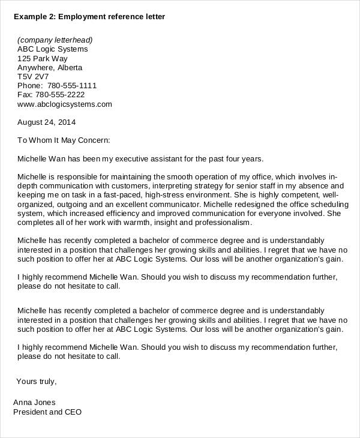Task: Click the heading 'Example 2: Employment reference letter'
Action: pos(89,17)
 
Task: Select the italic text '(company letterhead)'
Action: pos(55,40)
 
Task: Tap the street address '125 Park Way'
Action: pos(42,59)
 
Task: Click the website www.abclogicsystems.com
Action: pos(65,104)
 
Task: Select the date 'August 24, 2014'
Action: pos(47,122)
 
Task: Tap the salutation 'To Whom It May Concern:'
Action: pos(64,140)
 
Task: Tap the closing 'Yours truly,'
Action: pos(37,381)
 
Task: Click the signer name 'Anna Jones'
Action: pos(34,403)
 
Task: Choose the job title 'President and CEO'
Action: pos(47,412)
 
